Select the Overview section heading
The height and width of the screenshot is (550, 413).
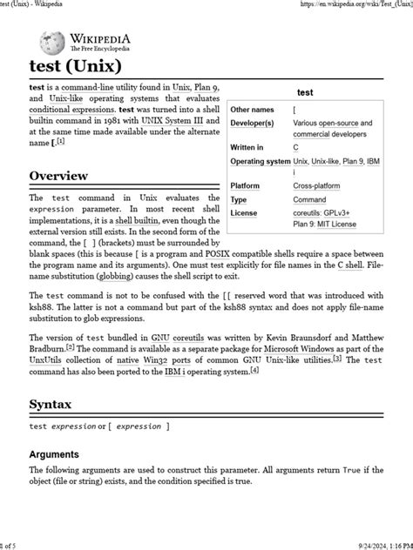pyautogui.click(x=58, y=177)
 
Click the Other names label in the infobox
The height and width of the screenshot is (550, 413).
pyautogui.click(x=252, y=111)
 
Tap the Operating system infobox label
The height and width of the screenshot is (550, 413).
pyautogui.click(x=260, y=161)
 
